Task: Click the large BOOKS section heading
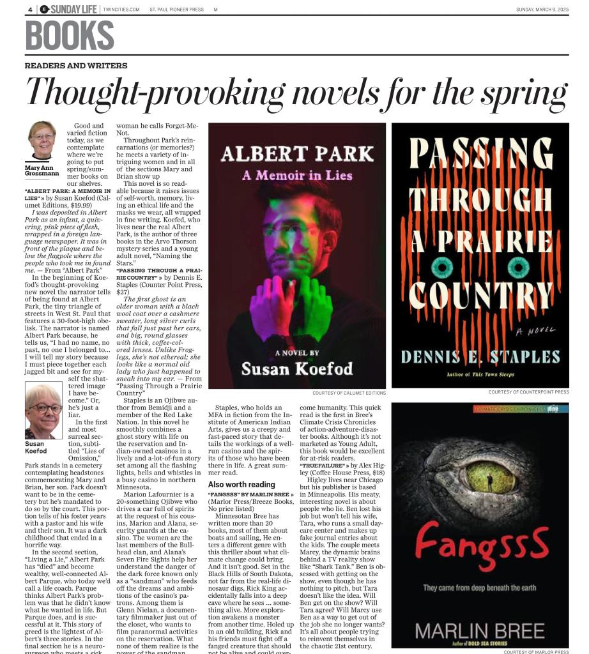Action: tap(70, 36)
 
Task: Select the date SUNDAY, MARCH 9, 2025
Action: tap(542, 10)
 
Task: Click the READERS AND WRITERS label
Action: tap(76, 66)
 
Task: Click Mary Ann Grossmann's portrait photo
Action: tap(42, 141)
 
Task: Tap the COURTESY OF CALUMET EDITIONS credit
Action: tap(349, 393)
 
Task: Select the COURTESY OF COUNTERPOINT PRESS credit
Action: tap(528, 392)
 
